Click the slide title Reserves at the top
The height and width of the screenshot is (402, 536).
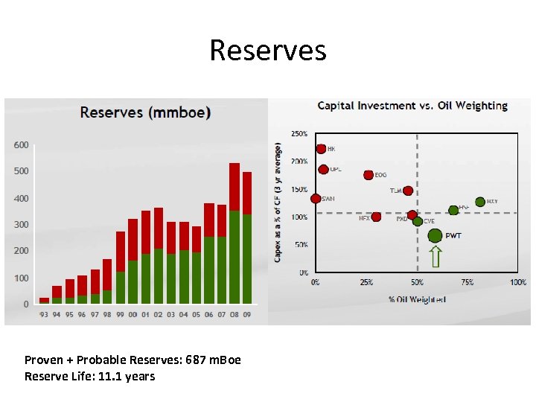267,51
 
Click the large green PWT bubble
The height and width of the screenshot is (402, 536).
435,236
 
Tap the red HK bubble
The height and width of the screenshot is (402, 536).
321,149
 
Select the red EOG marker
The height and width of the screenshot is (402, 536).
368,175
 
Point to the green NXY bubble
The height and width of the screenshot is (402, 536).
480,202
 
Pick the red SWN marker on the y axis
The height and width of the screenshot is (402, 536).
316,199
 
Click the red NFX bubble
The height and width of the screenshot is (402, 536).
376,217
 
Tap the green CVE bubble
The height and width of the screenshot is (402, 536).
418,221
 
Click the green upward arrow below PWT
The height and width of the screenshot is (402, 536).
435,257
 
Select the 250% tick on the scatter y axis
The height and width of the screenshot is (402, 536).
299,133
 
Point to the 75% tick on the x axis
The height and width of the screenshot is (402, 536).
467,283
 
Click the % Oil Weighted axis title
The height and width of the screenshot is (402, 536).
416,299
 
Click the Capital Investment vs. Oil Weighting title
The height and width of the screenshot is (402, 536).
412,106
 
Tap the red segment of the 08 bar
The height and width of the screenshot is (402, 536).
234,187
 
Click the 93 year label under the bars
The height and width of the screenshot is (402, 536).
44,315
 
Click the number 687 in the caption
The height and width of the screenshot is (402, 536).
188,360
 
